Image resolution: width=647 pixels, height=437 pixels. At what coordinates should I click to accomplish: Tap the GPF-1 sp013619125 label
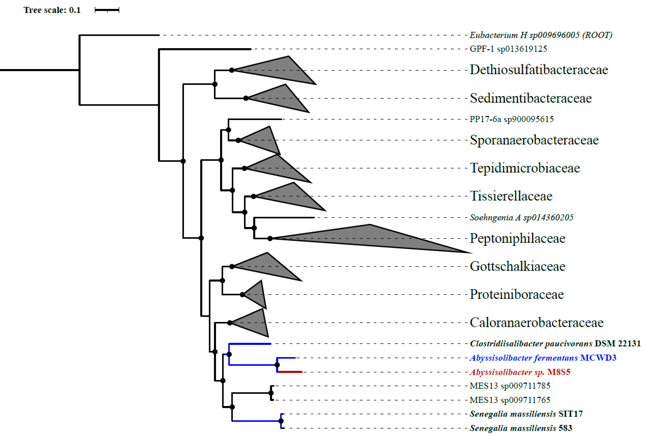pos(508,49)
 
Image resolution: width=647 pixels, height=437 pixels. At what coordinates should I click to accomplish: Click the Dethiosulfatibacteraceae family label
pos(539,70)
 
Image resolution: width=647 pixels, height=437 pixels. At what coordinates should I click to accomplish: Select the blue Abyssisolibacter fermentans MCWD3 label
pos(543,358)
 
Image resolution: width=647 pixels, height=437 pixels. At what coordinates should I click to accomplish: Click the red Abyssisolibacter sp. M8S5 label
pos(520,372)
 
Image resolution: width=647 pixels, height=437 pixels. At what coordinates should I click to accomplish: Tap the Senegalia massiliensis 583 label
pos(521,428)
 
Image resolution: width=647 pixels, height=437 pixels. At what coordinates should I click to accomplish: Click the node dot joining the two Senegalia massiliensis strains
pos(281,421)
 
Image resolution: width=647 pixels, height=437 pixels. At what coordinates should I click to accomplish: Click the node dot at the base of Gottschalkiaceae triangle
pos(232,267)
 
